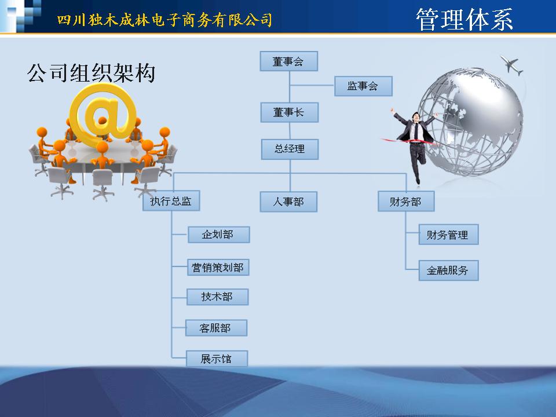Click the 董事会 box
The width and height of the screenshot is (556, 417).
(288, 61)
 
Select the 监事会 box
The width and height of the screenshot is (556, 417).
(363, 86)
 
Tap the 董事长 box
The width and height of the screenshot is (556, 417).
(290, 112)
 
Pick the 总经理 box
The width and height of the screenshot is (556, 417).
(290, 149)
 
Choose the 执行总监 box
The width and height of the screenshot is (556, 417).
(171, 201)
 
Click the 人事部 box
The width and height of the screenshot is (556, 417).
(288, 202)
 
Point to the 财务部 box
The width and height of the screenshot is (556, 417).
(406, 202)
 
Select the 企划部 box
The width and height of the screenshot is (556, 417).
(218, 235)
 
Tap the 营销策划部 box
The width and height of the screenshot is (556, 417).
(218, 268)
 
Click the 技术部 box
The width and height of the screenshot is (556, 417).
(217, 297)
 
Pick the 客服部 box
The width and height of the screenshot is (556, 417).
(216, 328)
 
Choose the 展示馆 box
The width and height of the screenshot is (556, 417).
(217, 359)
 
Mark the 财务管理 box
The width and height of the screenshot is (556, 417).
(448, 235)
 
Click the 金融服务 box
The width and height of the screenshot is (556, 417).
(448, 270)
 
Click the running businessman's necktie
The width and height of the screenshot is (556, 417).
(415, 131)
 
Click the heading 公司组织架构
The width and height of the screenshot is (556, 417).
(91, 73)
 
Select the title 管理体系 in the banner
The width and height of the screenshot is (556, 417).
(464, 20)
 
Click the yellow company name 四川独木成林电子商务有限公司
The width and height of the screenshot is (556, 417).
(164, 20)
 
